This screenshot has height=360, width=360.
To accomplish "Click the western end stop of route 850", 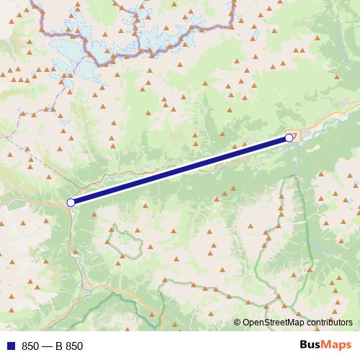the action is pos(71,202).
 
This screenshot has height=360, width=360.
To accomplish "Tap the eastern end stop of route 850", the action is pos(289,137).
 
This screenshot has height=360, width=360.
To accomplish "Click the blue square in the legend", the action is pos(10,346).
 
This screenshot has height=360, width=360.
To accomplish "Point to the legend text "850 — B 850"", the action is pos(53,346).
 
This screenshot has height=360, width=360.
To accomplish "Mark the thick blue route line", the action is pos(180,170).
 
